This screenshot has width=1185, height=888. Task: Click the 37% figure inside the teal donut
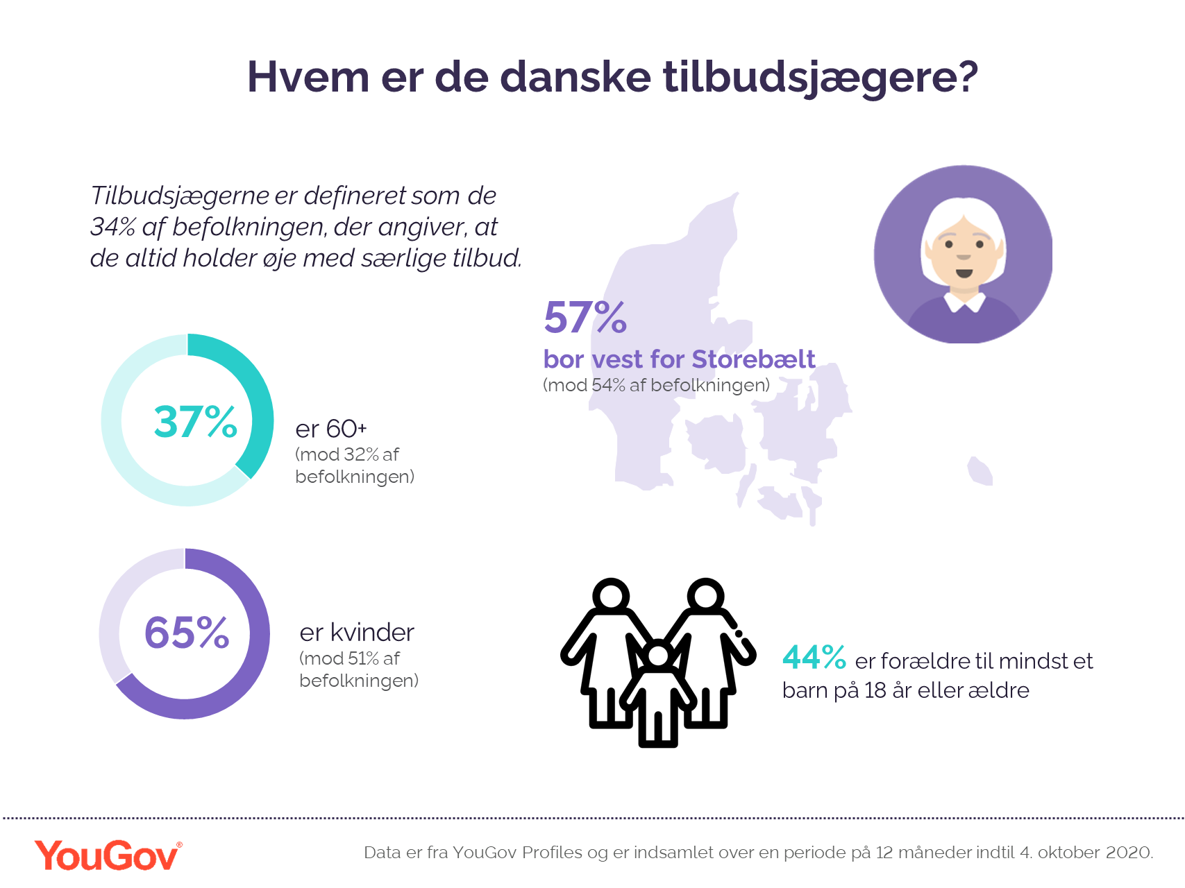point(195,422)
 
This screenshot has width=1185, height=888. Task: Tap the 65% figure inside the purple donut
point(186,633)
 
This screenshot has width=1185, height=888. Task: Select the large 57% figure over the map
point(585,318)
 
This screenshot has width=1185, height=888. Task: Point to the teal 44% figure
point(814,658)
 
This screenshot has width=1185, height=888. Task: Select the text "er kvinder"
point(357,633)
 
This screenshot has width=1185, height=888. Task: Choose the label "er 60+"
point(330,429)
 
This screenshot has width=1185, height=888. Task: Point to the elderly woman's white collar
point(964,302)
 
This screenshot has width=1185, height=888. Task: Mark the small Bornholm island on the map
point(980,472)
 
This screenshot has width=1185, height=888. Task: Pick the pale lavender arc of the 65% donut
point(115,610)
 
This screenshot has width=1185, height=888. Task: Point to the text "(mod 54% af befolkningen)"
point(656,385)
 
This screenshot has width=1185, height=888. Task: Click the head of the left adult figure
point(611,595)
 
